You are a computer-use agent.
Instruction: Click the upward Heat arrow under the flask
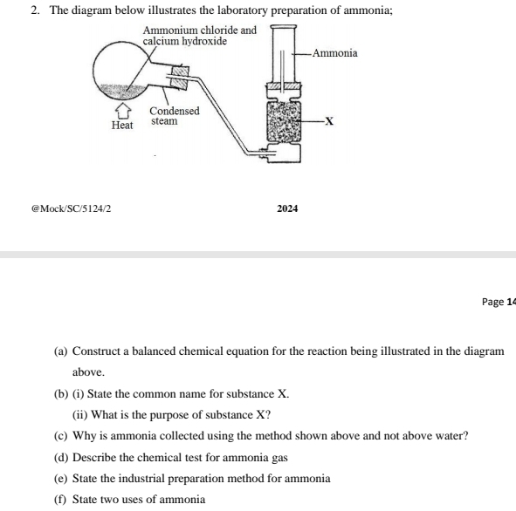(123, 111)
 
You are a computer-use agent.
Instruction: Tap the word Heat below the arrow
(122, 126)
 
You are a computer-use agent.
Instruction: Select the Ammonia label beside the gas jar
(335, 53)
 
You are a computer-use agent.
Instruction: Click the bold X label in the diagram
(329, 121)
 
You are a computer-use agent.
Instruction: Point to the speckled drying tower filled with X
(284, 121)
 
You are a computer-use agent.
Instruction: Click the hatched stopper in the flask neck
(181, 78)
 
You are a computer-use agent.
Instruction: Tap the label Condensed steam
(175, 116)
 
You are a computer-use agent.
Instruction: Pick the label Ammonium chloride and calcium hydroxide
(199, 36)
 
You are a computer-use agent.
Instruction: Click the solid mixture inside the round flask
(122, 91)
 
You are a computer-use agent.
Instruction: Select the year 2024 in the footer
(287, 208)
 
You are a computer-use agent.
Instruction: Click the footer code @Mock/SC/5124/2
(71, 208)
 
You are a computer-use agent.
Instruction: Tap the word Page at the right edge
(492, 302)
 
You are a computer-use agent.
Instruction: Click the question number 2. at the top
(35, 10)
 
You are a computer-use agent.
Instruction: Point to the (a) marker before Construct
(60, 351)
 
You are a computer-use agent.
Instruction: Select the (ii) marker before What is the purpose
(80, 415)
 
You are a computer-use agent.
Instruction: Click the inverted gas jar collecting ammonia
(284, 54)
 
